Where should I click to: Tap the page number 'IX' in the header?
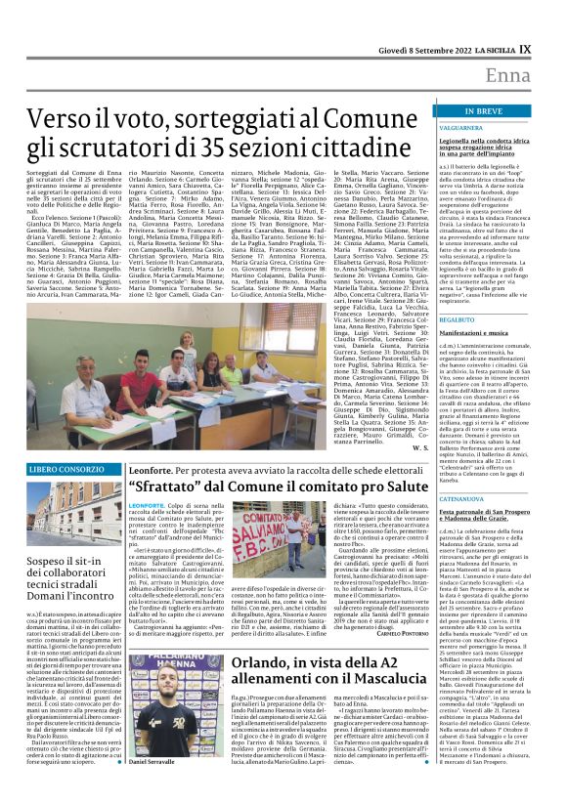tap(551, 49)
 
